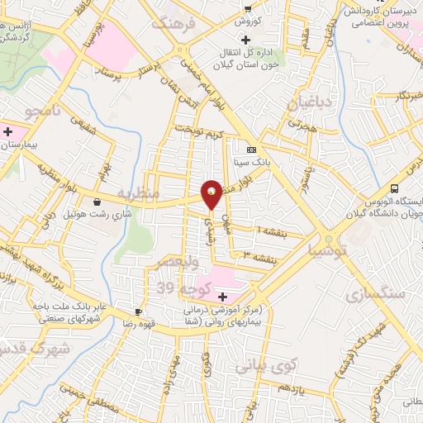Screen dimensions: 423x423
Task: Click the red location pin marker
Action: [x=211, y=193]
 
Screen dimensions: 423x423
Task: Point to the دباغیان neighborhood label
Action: [x=306, y=104]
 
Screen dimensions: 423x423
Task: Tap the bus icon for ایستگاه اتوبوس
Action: [x=394, y=188]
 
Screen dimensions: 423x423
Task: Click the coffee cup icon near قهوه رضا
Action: [x=138, y=312]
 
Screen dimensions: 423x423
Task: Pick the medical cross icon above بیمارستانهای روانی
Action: [x=222, y=296]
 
